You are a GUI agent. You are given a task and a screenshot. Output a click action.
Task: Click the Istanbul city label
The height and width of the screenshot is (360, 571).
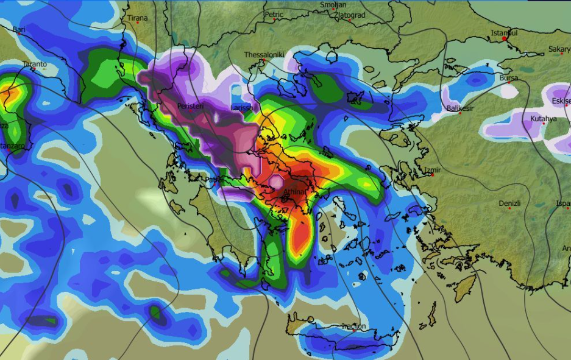tap(505, 33)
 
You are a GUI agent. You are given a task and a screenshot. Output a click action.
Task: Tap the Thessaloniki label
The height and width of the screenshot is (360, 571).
tap(264, 55)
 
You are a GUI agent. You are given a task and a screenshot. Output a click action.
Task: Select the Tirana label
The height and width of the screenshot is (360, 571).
tap(137, 18)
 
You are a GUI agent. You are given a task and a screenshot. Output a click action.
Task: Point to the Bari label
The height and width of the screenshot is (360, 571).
tap(20, 29)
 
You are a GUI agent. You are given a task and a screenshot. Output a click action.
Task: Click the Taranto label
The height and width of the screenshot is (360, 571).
tap(34, 64)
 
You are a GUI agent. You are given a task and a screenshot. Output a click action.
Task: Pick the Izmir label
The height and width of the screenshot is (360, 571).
tap(433, 170)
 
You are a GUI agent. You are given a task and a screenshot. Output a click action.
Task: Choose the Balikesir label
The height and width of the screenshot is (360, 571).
tap(460, 108)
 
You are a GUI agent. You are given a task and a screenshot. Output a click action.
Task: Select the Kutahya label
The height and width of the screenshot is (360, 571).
tap(543, 119)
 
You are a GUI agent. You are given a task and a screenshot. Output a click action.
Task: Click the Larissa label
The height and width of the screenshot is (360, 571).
tap(241, 108)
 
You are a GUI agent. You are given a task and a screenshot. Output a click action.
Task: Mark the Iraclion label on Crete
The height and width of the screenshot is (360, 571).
tap(354, 326)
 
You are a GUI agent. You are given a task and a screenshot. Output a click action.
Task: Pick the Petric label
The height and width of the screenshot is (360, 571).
tap(274, 14)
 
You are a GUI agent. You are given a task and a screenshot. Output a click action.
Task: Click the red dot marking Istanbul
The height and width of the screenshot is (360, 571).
tap(505, 39)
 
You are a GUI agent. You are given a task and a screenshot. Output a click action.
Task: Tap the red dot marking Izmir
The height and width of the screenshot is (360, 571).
tap(432, 175)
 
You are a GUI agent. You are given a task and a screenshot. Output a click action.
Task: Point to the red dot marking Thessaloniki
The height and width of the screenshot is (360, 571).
tap(264, 61)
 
